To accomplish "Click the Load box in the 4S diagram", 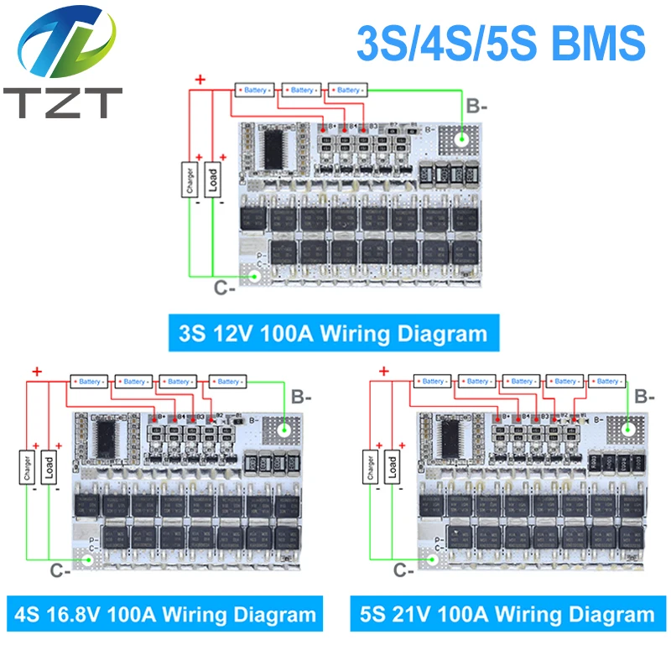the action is point(49,469).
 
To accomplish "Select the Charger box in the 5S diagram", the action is point(368,467).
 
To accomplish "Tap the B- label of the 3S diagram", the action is point(476,107).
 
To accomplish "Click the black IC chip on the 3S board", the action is point(273,148).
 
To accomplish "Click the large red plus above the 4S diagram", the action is point(36,371).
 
